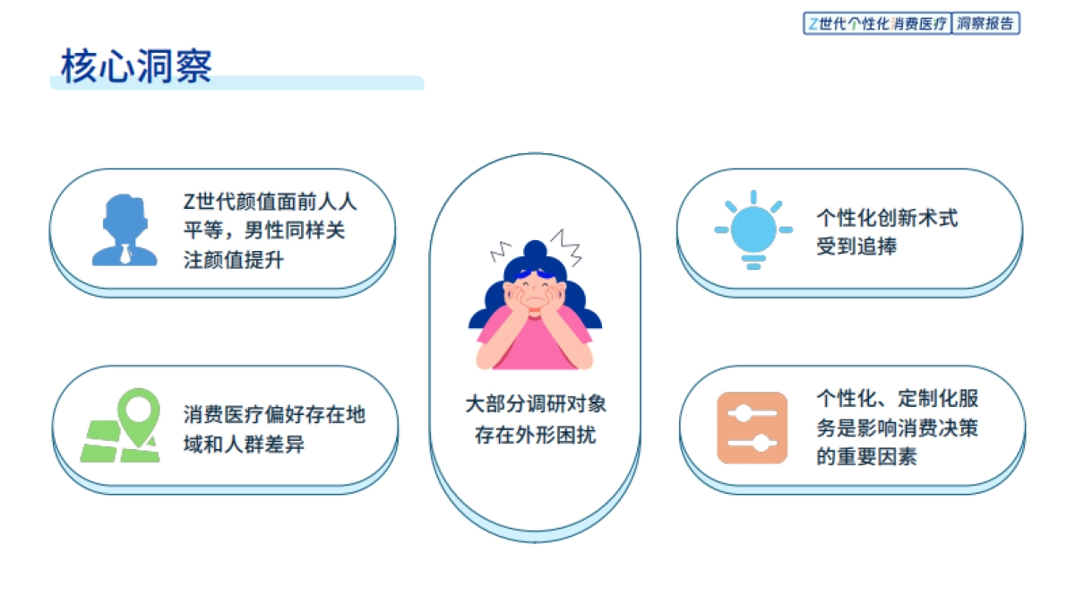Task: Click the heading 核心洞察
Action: pyautogui.click(x=137, y=66)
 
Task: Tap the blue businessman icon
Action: pyautogui.click(x=125, y=230)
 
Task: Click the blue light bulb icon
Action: pyautogui.click(x=752, y=230)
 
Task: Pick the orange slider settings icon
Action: pyautogui.click(x=752, y=428)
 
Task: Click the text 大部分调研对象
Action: pyautogui.click(x=535, y=404)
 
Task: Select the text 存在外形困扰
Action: pyautogui.click(x=535, y=436)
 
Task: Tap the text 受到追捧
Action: pyautogui.click(x=856, y=246)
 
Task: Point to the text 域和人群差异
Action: pyautogui.click(x=245, y=443)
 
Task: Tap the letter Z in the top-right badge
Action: pyautogui.click(x=813, y=24)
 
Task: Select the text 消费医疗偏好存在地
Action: pyautogui.click(x=275, y=414)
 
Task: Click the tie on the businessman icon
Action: pyautogui.click(x=125, y=251)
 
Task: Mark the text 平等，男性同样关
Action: pyautogui.click(x=263, y=230)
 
